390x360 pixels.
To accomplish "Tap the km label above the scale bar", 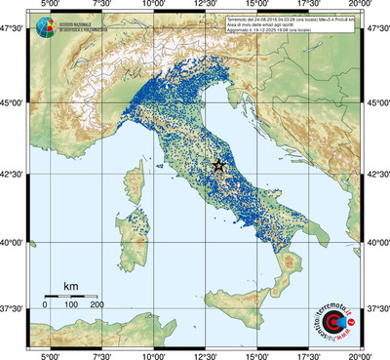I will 70,286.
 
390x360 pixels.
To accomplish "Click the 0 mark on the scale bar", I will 45,304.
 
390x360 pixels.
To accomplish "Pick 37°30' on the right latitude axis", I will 375,309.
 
